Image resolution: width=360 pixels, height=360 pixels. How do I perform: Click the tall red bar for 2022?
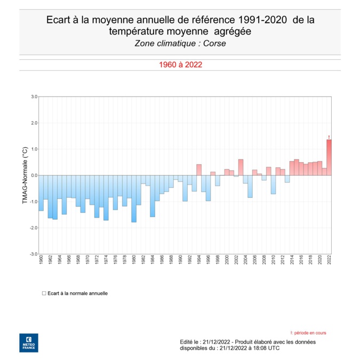(x=329, y=157)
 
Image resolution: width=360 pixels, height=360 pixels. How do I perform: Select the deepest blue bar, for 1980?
(x=134, y=198)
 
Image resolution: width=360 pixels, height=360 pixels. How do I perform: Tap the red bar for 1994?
(x=199, y=170)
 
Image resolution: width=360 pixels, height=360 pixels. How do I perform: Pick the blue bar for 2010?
(x=273, y=185)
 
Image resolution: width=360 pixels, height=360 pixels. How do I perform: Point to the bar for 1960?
(x=41, y=193)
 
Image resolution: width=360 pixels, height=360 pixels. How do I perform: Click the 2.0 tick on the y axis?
(x=34, y=123)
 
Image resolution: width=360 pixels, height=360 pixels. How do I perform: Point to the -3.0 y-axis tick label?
(x=33, y=254)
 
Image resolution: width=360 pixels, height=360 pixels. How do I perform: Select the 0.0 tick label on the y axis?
(x=34, y=175)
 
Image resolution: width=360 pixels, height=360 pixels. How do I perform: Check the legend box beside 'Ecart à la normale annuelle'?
(x=44, y=293)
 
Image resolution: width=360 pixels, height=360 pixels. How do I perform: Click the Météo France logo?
(x=28, y=342)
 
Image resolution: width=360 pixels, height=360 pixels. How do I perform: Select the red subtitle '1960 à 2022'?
(x=180, y=65)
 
